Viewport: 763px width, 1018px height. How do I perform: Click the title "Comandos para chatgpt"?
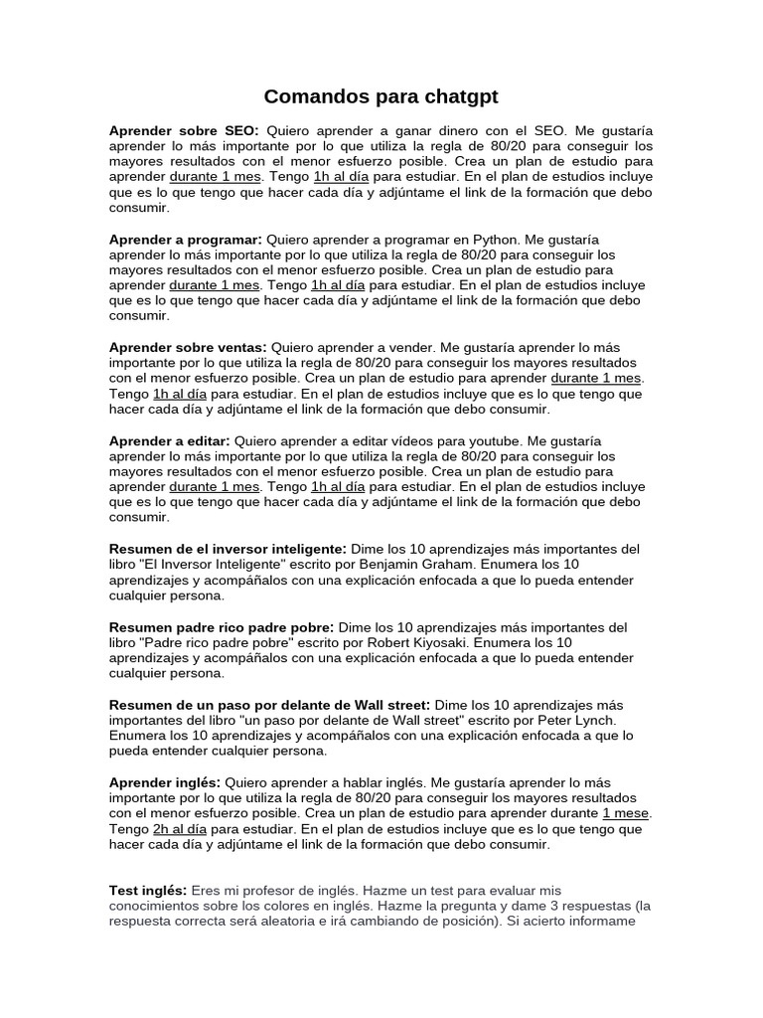point(381,96)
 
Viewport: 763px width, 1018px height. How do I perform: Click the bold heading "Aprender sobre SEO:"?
point(184,131)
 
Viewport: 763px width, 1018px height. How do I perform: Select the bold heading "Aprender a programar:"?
point(186,240)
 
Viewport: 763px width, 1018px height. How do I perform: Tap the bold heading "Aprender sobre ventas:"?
point(188,348)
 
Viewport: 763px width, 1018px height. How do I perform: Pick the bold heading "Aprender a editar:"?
point(170,440)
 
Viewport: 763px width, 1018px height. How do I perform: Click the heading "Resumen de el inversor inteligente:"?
point(228,549)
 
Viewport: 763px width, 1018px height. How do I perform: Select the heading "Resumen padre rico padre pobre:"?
point(222,627)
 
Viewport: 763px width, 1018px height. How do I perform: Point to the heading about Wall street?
point(269,705)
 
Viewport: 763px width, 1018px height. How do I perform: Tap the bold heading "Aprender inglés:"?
point(165,783)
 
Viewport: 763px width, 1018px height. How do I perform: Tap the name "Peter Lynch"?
point(577,721)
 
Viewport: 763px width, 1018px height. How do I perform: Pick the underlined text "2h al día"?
point(180,829)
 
